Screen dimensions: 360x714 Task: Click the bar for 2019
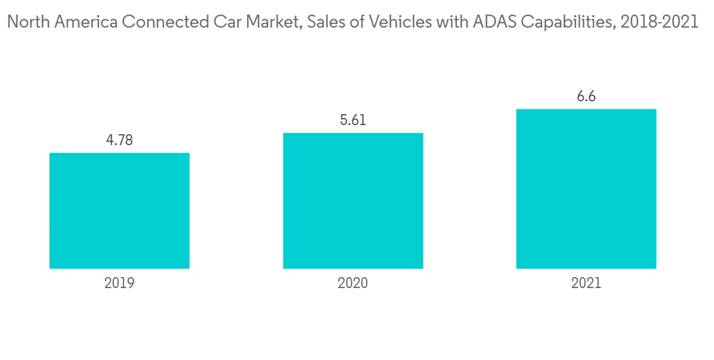pos(119,211)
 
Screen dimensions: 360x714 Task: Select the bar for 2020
pos(353,201)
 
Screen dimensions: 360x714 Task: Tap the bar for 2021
pos(586,189)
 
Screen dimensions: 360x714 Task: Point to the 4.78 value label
pos(119,141)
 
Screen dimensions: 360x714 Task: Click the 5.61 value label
pos(353,121)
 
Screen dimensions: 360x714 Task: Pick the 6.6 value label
pos(586,96)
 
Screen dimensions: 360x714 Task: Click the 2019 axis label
pos(119,284)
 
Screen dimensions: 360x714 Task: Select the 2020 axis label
pos(353,284)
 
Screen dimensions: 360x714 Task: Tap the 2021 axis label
pos(586,284)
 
